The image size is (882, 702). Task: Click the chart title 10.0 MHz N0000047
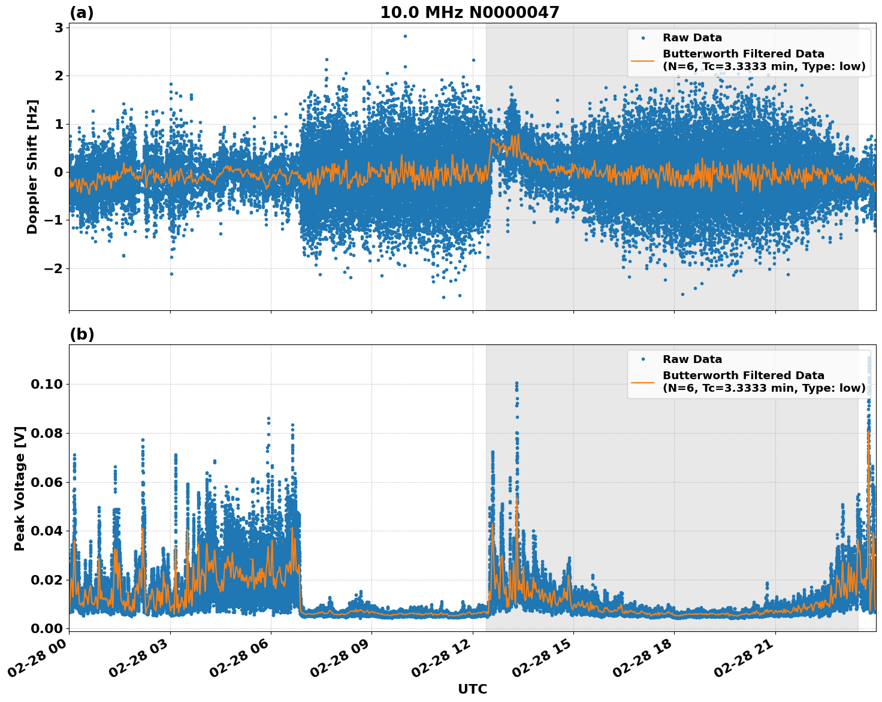coord(469,13)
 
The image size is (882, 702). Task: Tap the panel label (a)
coord(81,13)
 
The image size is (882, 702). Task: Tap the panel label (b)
coord(81,334)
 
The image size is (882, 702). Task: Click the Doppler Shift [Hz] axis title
coord(32,167)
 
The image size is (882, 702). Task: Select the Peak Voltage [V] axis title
coord(20,488)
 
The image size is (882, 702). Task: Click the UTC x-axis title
coord(472,689)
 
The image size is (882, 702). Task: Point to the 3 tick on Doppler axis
coord(59,28)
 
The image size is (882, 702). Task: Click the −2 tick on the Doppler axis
coord(54,268)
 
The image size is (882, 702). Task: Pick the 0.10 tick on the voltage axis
coord(47,384)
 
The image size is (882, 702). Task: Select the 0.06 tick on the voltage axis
coord(47,482)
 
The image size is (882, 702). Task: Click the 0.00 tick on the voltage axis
coord(47,628)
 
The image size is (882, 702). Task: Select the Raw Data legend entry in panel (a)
coord(692,38)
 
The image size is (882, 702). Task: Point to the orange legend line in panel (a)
coord(642,60)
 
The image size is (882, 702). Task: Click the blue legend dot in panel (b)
coord(643,359)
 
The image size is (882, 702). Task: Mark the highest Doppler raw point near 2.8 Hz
coord(405,36)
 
